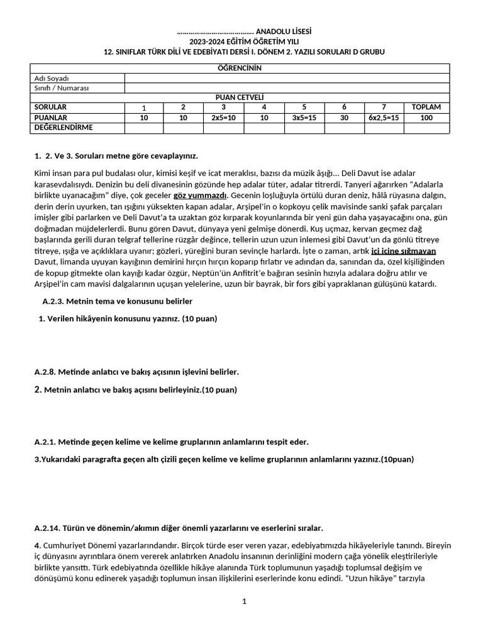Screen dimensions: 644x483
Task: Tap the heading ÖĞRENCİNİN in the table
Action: (239, 68)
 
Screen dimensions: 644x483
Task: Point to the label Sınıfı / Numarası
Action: (61, 88)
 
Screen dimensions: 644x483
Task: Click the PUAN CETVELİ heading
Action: (239, 97)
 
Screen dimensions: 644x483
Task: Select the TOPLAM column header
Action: (426, 107)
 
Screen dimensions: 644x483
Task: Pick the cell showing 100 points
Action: (426, 118)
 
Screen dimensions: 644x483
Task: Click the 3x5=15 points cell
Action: (304, 118)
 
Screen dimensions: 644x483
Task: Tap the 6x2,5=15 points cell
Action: (384, 118)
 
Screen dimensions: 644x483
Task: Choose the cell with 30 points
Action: (344, 118)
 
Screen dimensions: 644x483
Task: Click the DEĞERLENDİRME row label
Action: (63, 128)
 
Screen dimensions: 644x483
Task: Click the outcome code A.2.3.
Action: (55, 302)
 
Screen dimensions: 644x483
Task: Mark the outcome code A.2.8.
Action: (47, 372)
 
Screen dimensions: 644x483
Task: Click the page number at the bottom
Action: (244, 602)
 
